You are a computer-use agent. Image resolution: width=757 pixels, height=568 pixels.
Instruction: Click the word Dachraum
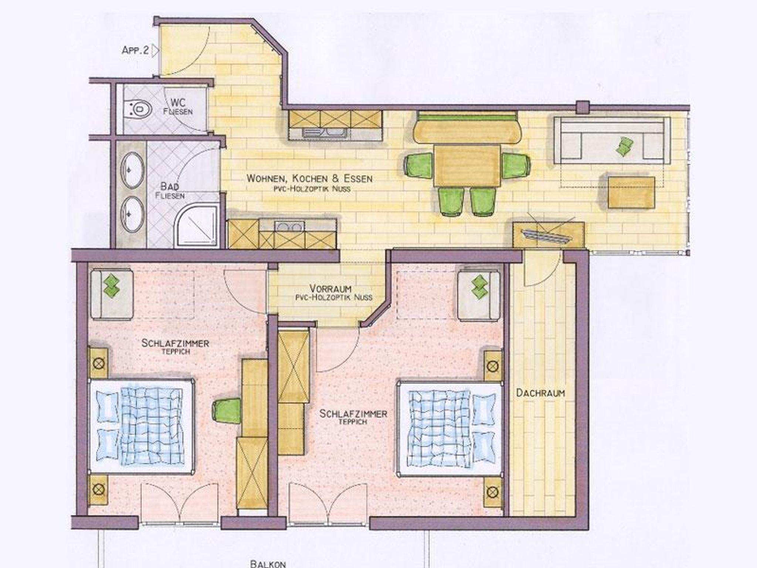(540, 393)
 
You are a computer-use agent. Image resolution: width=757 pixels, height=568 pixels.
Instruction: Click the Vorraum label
(330, 288)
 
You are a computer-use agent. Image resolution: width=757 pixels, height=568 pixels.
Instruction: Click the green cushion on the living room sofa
(624, 146)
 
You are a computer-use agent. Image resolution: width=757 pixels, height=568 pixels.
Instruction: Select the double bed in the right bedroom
(449, 428)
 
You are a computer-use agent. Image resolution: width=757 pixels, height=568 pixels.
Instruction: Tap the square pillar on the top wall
(583, 107)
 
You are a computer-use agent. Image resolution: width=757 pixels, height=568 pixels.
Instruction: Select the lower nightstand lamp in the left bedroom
(98, 490)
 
